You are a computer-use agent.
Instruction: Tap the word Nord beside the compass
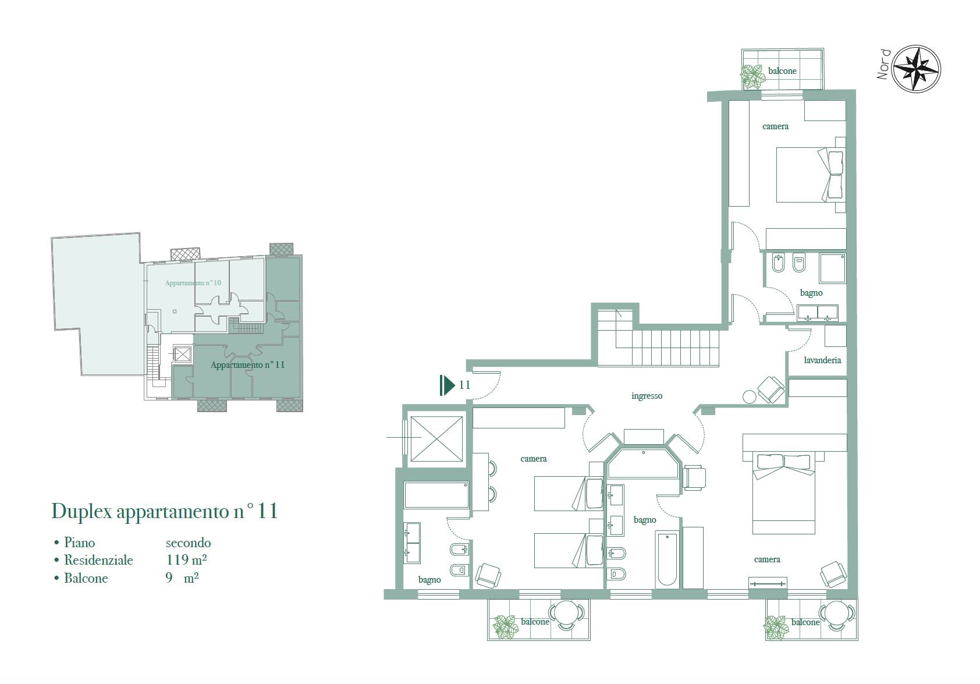click(x=883, y=64)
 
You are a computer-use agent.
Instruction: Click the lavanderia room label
click(x=822, y=360)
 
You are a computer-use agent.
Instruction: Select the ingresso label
click(x=647, y=396)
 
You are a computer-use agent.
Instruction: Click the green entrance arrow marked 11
click(x=447, y=385)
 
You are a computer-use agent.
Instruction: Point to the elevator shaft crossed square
click(x=436, y=439)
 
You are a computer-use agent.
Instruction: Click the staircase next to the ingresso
click(x=658, y=337)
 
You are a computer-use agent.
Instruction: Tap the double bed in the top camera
click(x=811, y=175)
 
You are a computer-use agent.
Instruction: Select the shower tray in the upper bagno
click(x=833, y=268)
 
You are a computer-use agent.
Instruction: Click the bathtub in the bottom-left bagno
click(x=436, y=495)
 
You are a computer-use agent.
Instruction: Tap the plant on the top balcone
click(x=752, y=77)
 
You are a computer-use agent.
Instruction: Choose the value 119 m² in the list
click(x=186, y=559)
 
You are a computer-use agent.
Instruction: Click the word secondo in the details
click(x=188, y=543)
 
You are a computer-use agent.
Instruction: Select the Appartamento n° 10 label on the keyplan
click(x=193, y=283)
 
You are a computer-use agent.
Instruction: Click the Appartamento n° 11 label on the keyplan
click(x=248, y=364)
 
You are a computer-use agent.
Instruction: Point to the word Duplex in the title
click(x=82, y=511)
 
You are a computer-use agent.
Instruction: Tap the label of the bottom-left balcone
click(x=535, y=621)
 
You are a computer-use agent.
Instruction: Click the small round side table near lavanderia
click(x=750, y=397)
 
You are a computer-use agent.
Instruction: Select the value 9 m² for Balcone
click(x=182, y=577)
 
